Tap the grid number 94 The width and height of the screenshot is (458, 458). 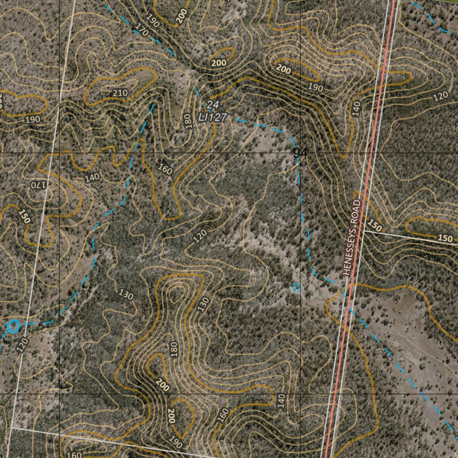301,153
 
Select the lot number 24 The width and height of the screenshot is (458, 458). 212,105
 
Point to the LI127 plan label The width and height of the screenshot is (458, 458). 213,117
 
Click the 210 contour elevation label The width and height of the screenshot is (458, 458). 120,93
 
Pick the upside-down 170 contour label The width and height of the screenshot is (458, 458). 39,184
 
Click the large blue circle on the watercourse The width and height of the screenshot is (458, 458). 13,326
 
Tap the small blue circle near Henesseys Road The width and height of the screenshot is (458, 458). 296,287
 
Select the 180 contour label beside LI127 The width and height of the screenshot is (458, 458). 188,121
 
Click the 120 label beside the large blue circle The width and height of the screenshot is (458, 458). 23,345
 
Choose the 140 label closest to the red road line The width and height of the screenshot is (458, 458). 356,109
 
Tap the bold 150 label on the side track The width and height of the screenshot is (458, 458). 445,238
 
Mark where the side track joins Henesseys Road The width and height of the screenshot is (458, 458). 363,231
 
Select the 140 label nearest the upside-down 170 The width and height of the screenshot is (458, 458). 92,178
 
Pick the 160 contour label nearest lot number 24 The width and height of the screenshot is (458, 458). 165,169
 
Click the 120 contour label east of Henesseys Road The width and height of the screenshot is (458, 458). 441,95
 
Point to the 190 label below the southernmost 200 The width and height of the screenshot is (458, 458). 176,443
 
